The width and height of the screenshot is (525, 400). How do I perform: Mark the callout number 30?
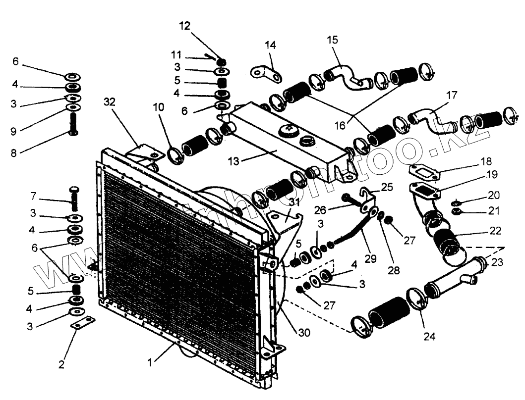[x=304, y=333]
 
